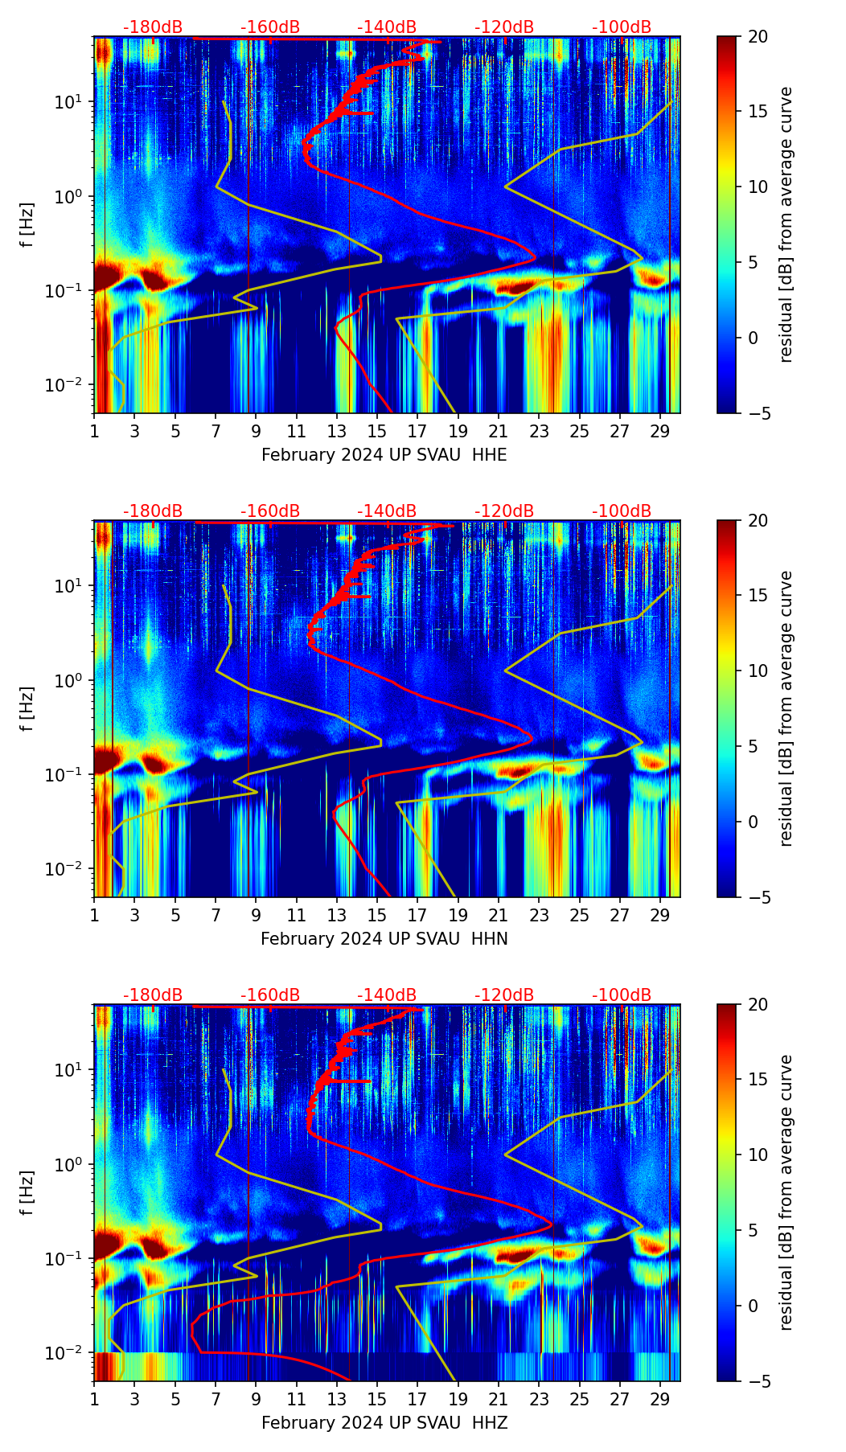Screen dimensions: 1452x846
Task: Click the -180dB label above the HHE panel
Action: coord(153,27)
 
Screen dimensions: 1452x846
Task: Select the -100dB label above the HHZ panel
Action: coord(622,995)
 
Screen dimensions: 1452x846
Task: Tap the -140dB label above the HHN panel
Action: coord(387,511)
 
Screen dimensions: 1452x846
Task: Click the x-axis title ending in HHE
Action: coord(384,455)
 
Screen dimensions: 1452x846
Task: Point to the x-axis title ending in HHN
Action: coord(384,939)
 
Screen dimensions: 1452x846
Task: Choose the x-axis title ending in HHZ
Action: coord(384,1423)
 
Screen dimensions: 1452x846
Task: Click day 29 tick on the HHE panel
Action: coord(660,431)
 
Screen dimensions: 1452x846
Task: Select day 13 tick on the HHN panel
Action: coord(337,915)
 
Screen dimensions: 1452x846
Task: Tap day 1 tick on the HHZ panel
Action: coord(94,1399)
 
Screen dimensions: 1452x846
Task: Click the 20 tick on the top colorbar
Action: coord(758,36)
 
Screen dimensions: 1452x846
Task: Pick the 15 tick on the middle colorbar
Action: coord(758,596)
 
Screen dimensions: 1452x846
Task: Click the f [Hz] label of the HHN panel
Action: coord(27,708)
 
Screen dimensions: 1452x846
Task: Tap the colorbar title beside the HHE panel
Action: coord(786,224)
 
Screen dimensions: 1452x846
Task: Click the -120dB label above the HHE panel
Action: coord(504,27)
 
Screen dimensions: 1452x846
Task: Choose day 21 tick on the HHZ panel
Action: coord(499,1399)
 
